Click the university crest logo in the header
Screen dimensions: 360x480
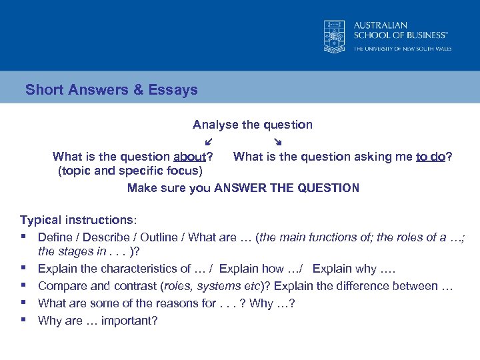point(333,35)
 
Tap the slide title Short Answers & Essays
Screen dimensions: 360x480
point(111,89)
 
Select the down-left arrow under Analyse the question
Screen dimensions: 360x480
point(209,141)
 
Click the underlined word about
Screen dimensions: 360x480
point(189,157)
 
